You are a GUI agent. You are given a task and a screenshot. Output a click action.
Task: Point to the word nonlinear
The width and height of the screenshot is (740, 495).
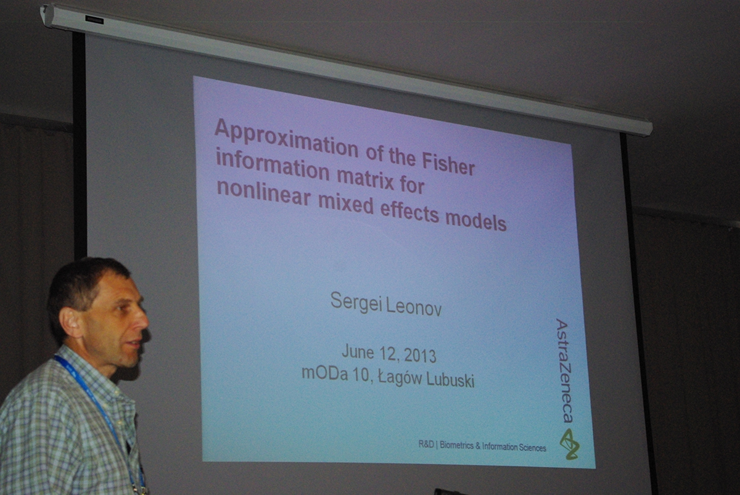tap(263, 192)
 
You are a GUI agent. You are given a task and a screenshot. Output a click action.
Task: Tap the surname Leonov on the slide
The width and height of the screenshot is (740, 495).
tap(413, 308)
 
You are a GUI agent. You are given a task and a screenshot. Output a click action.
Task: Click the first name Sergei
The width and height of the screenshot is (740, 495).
tap(356, 302)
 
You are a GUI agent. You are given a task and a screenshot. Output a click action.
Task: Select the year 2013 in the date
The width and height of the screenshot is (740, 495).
tap(420, 356)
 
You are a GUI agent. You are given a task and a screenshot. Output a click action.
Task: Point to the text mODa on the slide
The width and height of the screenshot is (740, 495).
tap(325, 373)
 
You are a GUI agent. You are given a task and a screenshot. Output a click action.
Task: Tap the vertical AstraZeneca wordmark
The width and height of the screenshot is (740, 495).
tap(564, 370)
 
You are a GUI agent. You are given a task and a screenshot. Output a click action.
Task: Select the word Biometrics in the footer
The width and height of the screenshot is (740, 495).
tap(456, 446)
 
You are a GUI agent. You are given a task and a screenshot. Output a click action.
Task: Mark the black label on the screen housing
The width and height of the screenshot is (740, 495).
tap(94, 20)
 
